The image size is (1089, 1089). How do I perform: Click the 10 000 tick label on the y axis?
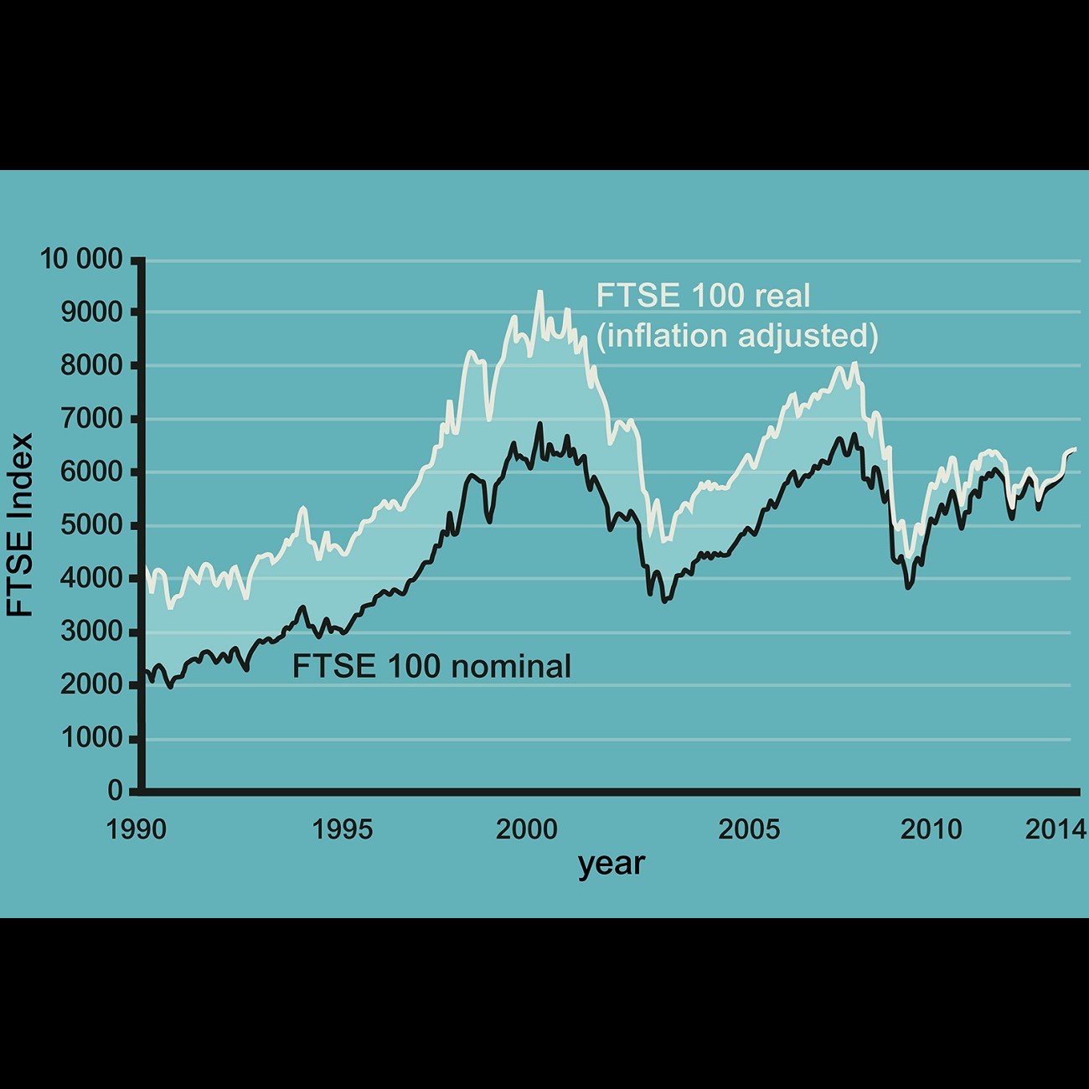click(81, 260)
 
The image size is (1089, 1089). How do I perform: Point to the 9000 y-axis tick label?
click(92, 312)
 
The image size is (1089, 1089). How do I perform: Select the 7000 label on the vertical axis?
click(92, 419)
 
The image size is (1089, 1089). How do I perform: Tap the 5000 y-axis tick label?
click(92, 525)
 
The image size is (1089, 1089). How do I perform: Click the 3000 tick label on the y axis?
click(92, 632)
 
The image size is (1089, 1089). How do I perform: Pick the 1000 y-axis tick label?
click(92, 738)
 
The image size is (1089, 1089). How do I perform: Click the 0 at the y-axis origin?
click(116, 791)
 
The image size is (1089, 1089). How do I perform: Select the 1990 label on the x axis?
click(137, 830)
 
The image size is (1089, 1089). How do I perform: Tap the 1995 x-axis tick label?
click(342, 830)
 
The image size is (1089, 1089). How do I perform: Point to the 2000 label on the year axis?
click(526, 830)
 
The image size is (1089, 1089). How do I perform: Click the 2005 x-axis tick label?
click(749, 830)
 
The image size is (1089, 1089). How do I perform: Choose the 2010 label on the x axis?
click(932, 830)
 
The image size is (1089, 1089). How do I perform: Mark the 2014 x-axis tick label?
click(1055, 830)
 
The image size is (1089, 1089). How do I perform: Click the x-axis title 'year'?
click(612, 864)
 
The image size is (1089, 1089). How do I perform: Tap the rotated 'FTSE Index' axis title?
click(20, 525)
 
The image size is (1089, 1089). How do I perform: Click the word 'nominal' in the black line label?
click(511, 667)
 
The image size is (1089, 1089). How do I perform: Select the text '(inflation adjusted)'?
click(737, 336)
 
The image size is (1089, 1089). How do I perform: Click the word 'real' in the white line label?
click(782, 296)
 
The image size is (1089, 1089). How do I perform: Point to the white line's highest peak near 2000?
click(539, 292)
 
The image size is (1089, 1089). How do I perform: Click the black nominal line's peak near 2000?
click(539, 424)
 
